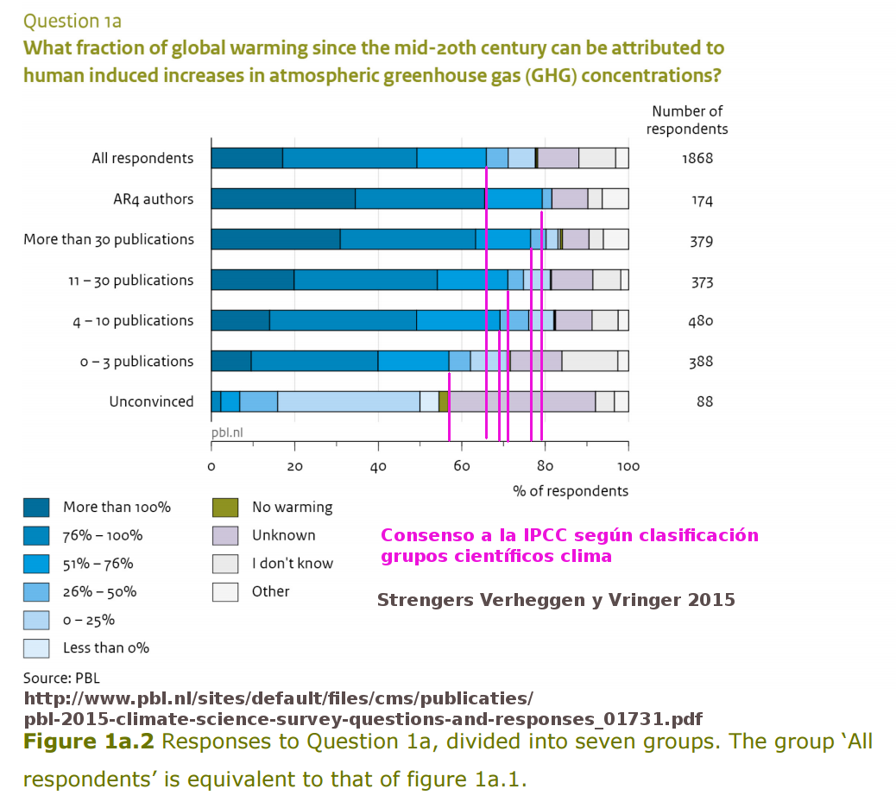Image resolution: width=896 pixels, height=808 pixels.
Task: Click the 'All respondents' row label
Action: click(x=142, y=158)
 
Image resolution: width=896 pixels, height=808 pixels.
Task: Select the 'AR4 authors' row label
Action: click(x=153, y=199)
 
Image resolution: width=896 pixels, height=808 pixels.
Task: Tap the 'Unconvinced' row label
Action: click(x=151, y=401)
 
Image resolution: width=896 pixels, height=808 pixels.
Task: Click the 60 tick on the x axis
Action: click(x=462, y=467)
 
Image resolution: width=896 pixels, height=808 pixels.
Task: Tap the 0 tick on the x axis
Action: click(x=211, y=467)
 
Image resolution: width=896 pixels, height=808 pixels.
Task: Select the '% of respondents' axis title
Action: click(x=571, y=491)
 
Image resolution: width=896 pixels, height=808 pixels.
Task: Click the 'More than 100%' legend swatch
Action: click(x=35, y=508)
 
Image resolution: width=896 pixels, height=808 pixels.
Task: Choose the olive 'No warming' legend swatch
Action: click(x=224, y=508)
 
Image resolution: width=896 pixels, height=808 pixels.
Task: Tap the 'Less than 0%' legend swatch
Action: click(x=35, y=647)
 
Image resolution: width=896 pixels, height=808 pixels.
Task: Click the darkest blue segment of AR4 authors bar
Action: click(x=283, y=199)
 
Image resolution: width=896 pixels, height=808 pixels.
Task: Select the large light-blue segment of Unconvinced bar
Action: click(x=349, y=401)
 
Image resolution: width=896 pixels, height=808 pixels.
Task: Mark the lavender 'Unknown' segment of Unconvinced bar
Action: click(x=522, y=401)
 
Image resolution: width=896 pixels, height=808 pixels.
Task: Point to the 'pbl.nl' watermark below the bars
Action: click(x=226, y=431)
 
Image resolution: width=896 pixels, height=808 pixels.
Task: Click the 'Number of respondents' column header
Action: click(x=687, y=120)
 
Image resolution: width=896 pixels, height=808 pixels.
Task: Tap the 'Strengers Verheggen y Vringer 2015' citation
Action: click(x=556, y=600)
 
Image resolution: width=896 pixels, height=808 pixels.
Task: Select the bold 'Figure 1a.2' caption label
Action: click(x=88, y=742)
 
